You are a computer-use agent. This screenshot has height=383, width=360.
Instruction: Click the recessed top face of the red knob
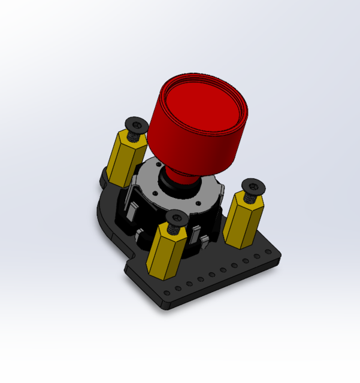tap(204, 108)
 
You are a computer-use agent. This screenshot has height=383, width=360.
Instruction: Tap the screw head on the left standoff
tap(137, 124)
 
